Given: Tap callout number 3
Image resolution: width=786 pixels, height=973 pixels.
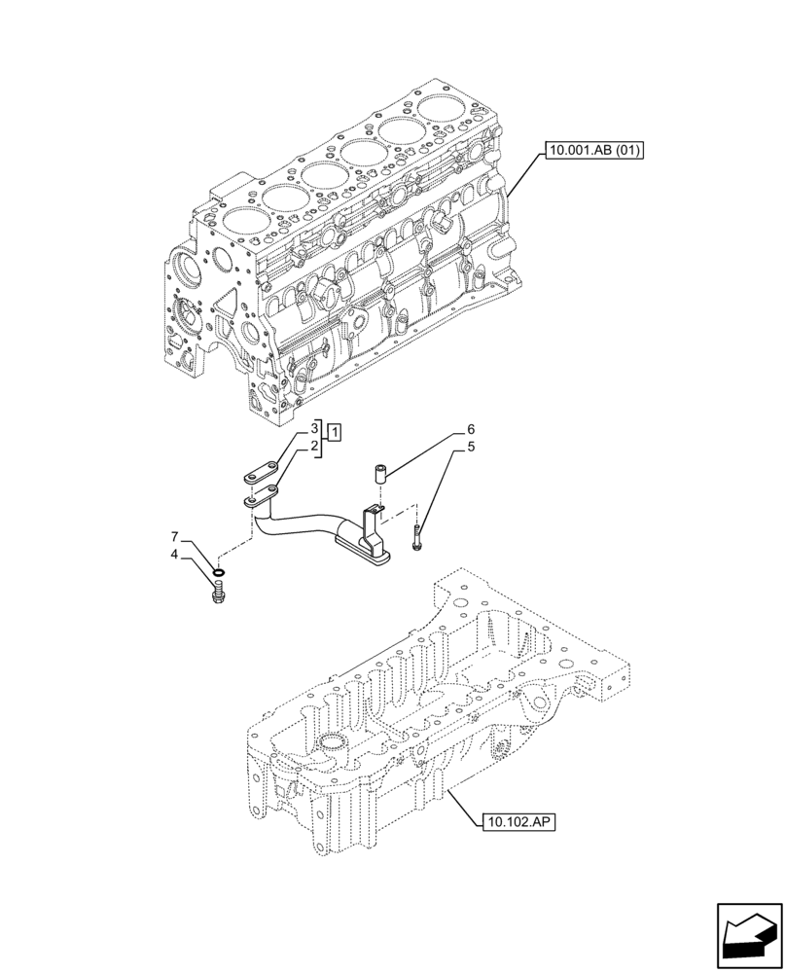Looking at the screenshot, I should pyautogui.click(x=315, y=429).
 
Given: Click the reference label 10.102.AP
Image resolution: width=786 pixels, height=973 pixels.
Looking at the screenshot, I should pyautogui.click(x=520, y=822).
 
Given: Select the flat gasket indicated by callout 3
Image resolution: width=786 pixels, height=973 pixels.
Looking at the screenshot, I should pyautogui.click(x=260, y=476).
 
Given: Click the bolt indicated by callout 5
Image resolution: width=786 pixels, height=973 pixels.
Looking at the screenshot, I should pyautogui.click(x=417, y=536).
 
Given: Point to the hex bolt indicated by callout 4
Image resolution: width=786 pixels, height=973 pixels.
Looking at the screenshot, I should pyautogui.click(x=219, y=591).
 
